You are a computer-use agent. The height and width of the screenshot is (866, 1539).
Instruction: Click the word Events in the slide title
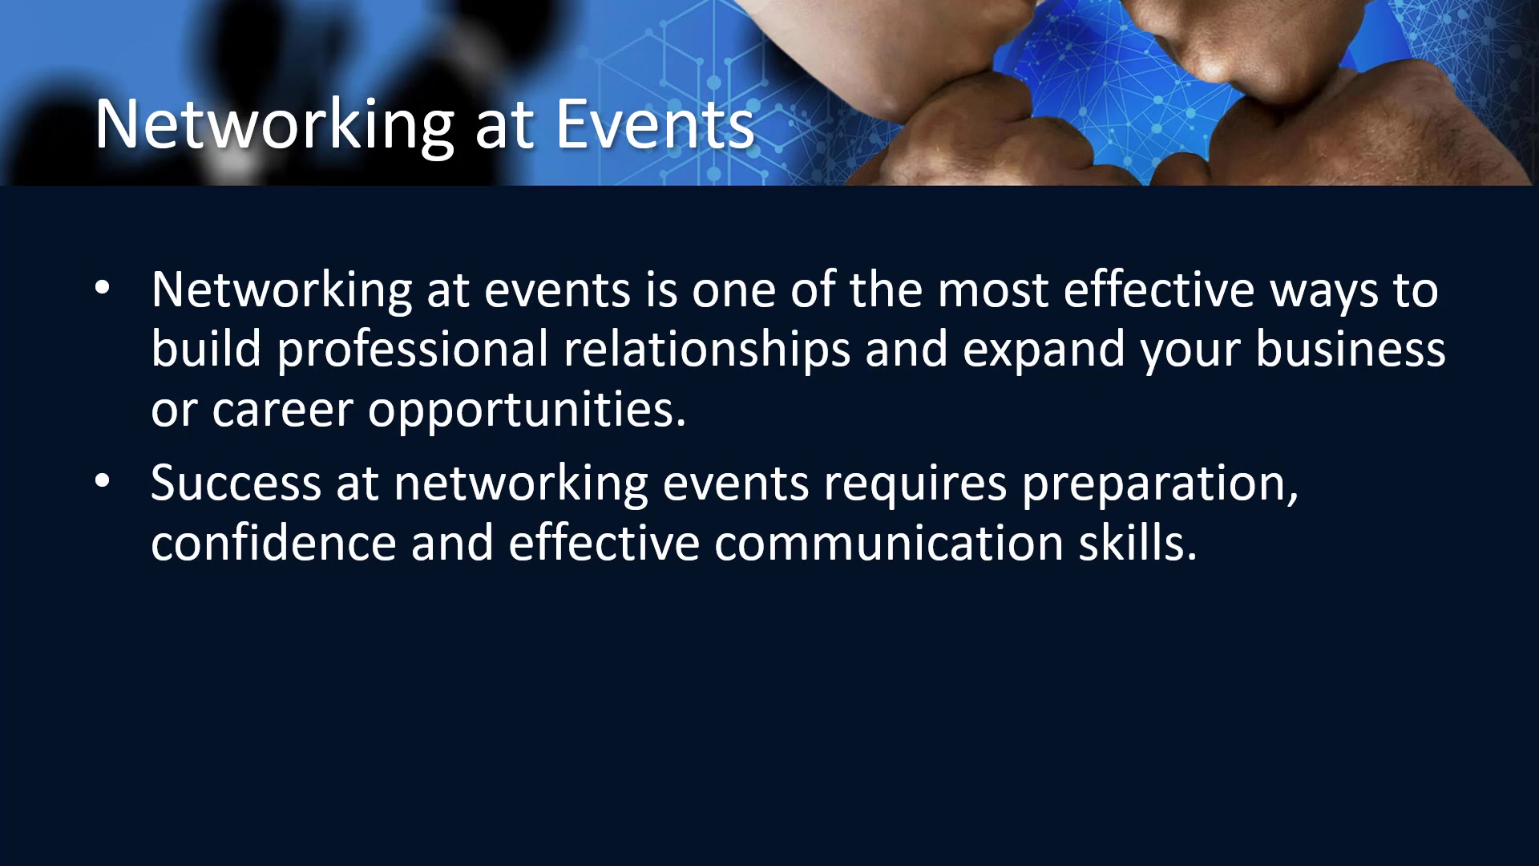click(x=655, y=124)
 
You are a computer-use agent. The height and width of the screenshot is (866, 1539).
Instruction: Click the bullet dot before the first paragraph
click(x=103, y=287)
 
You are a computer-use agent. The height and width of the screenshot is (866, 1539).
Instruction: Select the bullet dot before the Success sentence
click(x=103, y=481)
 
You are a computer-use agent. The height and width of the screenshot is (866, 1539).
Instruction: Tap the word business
click(x=1351, y=350)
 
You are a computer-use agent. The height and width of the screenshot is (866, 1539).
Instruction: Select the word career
click(x=282, y=411)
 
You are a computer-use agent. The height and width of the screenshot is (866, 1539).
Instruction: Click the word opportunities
click(x=527, y=411)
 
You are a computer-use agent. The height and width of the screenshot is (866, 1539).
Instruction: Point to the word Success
click(x=236, y=484)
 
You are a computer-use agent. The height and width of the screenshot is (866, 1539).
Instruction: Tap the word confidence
click(x=273, y=542)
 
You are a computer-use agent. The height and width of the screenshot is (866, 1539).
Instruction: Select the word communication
click(x=889, y=544)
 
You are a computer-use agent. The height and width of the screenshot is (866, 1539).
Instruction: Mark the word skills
click(x=1137, y=542)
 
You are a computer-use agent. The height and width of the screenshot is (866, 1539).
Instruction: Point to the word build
click(x=206, y=350)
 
